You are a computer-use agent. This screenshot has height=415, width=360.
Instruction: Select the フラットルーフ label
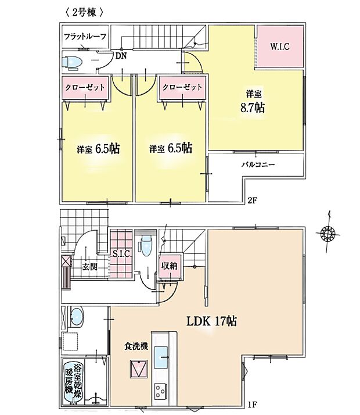point(85,37)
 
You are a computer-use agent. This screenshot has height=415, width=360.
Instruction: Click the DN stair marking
point(121,56)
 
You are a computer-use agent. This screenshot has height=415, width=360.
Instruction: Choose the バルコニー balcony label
point(258,165)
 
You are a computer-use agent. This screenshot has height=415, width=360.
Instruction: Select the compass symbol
point(327,234)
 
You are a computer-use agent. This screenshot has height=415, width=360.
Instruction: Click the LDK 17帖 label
point(210,320)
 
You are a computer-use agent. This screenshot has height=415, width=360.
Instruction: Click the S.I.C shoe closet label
point(121,253)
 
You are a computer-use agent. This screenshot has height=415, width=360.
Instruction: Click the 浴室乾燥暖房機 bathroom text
point(73,381)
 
